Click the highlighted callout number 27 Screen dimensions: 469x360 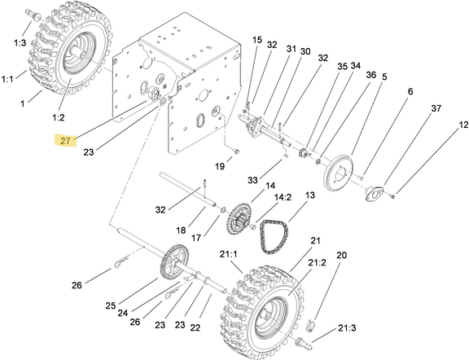click(x=65, y=140)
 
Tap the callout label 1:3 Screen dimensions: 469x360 click(x=20, y=43)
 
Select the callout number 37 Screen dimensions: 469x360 click(x=436, y=108)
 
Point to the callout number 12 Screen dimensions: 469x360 click(x=463, y=125)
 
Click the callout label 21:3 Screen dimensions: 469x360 click(x=347, y=328)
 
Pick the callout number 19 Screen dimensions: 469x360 click(x=220, y=166)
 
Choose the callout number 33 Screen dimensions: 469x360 click(x=252, y=180)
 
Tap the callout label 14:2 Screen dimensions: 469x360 click(x=283, y=197)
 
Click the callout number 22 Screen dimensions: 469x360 click(x=195, y=327)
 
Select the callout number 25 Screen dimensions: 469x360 click(x=111, y=305)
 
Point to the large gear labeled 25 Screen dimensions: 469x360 click(x=174, y=261)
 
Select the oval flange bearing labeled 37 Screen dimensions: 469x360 click(x=375, y=193)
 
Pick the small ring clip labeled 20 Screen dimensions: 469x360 click(x=310, y=325)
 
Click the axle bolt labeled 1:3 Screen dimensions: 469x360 click(x=33, y=14)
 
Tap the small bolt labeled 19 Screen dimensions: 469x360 click(x=237, y=151)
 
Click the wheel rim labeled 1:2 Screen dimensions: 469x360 click(x=80, y=53)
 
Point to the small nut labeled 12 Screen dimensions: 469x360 click(x=393, y=196)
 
